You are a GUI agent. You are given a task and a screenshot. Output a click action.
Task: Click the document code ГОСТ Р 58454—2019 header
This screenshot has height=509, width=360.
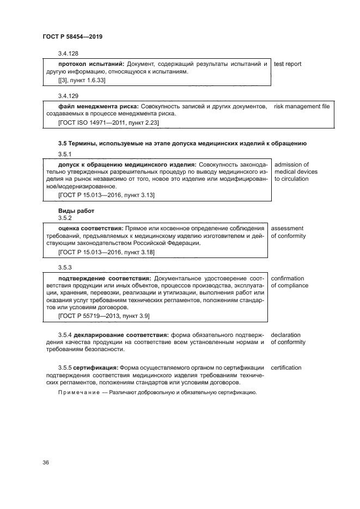coord(72,36)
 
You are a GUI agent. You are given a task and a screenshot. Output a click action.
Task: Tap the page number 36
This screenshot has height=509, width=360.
coord(46,463)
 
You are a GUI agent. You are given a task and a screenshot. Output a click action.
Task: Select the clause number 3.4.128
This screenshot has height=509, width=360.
coord(68,54)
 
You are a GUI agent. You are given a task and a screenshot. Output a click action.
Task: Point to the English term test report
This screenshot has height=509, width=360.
coord(288,64)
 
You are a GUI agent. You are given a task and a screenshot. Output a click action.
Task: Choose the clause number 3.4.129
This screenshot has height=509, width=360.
coord(68,95)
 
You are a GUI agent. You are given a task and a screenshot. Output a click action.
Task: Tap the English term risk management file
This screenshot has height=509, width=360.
coord(302,106)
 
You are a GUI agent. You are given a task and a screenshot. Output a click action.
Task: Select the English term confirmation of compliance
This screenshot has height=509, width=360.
coord(289,281)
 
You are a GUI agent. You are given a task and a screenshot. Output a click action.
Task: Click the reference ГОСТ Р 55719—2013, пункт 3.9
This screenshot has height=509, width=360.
coord(104,315)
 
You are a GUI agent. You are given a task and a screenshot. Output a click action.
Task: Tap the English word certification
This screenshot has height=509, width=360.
coord(286,368)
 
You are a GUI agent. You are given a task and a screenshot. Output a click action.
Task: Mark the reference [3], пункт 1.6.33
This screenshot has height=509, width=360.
coord(82,80)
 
